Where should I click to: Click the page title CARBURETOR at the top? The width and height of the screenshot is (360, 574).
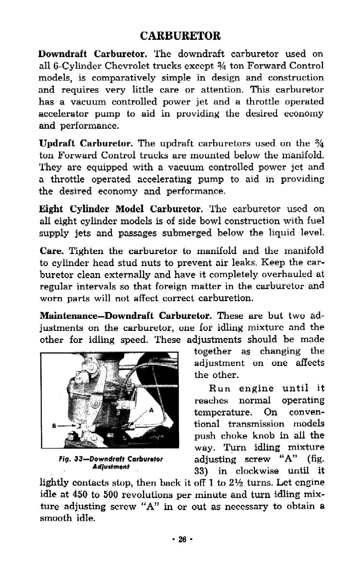click(180, 36)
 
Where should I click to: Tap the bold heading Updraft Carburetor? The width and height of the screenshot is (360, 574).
click(79, 143)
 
